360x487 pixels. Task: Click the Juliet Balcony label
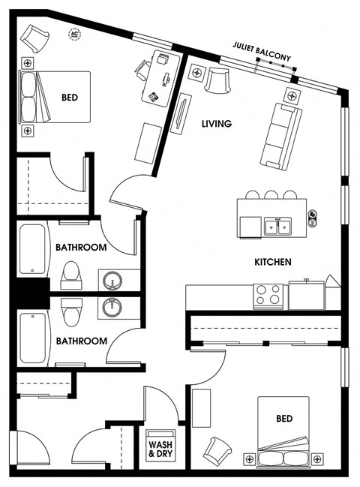[x=262, y=52]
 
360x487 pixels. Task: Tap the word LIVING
[x=217, y=124]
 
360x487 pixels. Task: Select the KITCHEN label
[x=273, y=262]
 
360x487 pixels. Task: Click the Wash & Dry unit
[x=160, y=445]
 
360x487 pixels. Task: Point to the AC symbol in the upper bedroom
[x=74, y=35]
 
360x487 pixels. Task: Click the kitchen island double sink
[x=277, y=226]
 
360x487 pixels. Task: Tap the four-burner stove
[x=268, y=296]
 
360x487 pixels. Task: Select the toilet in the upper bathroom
[x=71, y=275]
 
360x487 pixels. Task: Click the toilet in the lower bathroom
[x=71, y=312]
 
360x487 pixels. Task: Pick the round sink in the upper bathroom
[x=112, y=280]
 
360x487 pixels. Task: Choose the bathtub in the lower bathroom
[x=32, y=338]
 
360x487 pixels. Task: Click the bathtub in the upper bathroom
[x=32, y=249]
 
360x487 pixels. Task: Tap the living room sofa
[x=280, y=137]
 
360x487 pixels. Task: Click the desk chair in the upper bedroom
[x=142, y=71]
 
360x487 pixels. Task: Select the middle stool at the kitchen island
[x=271, y=195]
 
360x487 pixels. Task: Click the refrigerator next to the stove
[x=307, y=295]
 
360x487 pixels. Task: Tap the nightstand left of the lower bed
[x=250, y=458]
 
